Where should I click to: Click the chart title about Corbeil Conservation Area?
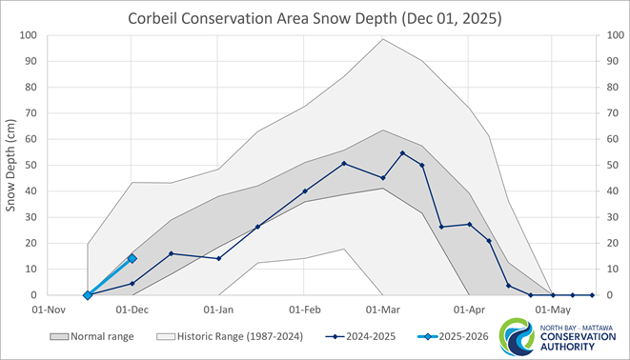314,17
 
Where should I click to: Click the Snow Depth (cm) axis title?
12,166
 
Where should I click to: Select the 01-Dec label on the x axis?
132,310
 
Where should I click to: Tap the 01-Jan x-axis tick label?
219,310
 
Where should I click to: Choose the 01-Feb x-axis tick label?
305,310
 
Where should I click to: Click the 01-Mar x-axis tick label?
383,310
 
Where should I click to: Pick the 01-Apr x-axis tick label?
469,310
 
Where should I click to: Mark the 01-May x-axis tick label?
553,310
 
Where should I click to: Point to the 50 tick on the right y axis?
605,166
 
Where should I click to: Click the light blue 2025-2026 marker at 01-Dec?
132,258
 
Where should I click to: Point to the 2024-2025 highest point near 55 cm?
402,152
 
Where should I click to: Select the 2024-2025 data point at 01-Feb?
305,191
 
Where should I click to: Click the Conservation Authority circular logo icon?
521,337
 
